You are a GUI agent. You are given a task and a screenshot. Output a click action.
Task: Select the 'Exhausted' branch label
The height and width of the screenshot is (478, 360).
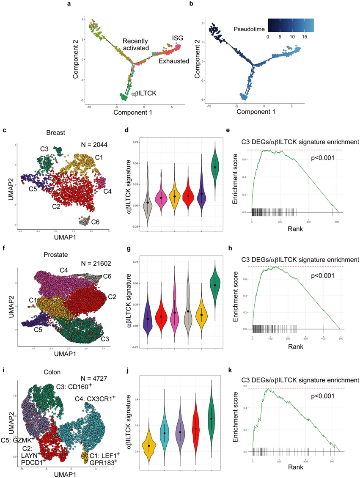(x=173, y=61)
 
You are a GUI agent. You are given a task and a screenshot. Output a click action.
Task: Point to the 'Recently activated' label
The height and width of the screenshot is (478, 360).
(x=136, y=44)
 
